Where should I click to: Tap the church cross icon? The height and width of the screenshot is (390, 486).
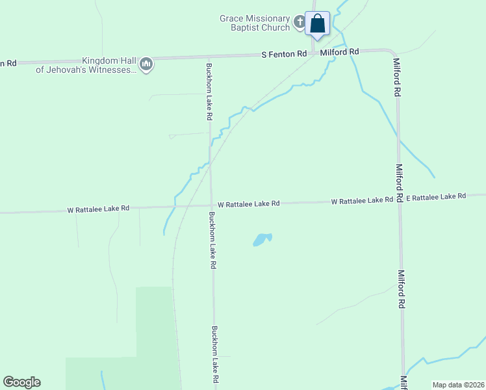point(300,23)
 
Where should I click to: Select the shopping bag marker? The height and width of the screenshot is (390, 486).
point(318,24)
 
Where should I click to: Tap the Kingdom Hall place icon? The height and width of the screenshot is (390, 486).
point(147,64)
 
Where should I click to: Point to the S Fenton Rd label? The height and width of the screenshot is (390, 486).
point(284,55)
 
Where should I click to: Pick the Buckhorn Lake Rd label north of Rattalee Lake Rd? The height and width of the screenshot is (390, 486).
point(209,91)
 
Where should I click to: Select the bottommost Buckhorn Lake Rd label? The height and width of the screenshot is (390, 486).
point(215,354)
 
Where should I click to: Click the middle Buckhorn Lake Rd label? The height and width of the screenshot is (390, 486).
point(212,240)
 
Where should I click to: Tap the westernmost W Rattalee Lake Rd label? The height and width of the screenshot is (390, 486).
point(98,209)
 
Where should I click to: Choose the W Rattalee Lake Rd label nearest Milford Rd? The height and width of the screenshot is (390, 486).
point(361,201)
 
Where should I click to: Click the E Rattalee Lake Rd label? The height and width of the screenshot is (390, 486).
point(436,196)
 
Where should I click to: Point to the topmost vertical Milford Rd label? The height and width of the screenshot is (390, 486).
point(396,78)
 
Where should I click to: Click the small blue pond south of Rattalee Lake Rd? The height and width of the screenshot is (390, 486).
point(261,239)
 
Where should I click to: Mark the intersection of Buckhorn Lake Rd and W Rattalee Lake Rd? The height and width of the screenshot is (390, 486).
point(211,205)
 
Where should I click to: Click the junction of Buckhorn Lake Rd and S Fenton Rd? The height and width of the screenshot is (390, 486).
point(208,58)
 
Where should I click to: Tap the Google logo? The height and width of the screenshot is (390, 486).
point(21,382)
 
